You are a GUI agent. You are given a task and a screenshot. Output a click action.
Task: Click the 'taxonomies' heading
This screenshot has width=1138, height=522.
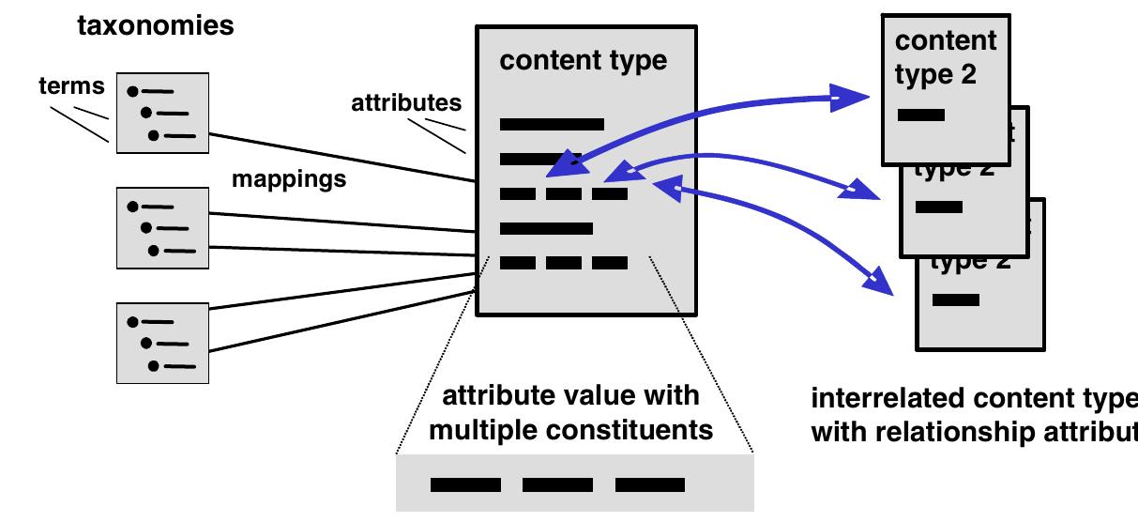coord(155,25)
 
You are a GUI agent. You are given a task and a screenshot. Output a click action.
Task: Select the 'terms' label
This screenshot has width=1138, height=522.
coord(70,87)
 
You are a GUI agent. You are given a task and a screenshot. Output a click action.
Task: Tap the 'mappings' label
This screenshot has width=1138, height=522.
coord(289,178)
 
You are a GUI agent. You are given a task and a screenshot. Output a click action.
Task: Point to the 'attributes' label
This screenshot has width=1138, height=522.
coord(406,102)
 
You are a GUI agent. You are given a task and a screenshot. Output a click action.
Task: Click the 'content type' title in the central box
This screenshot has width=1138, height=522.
coord(583,61)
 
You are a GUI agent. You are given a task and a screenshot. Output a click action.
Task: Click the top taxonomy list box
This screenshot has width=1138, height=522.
coord(162,113)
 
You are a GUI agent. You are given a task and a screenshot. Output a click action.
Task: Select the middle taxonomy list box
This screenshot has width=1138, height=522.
coord(162,227)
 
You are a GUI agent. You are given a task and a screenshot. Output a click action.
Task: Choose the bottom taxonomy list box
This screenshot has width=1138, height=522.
coord(162,343)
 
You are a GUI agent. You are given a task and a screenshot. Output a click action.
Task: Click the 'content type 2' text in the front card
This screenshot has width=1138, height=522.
coord(945,56)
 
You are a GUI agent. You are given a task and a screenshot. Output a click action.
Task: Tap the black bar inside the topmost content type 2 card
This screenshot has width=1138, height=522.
coord(920,115)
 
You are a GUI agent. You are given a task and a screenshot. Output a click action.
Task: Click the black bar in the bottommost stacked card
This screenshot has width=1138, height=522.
coord(956,300)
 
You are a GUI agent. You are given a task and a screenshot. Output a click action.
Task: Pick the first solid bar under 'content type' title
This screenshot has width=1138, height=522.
coord(552,124)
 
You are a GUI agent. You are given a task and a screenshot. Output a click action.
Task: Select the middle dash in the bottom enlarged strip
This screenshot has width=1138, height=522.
coord(557,485)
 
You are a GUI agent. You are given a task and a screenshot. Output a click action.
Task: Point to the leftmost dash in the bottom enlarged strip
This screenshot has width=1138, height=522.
coord(465,485)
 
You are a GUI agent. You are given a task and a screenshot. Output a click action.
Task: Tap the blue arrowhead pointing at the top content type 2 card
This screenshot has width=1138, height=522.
coord(850,97)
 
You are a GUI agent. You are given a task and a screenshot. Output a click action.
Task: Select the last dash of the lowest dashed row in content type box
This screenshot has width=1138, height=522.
coord(610,264)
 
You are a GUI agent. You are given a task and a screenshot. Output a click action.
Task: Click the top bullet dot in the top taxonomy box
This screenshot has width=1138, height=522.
coord(133,91)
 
